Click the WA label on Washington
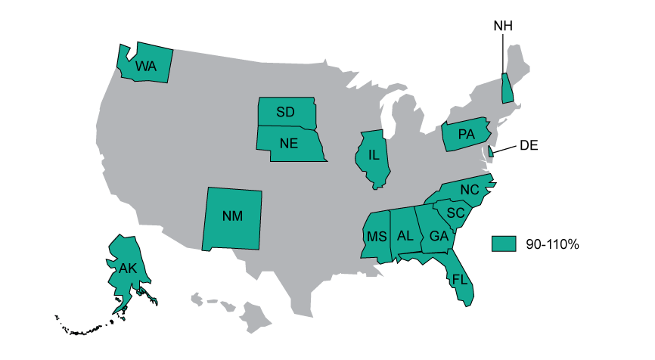(x=145, y=67)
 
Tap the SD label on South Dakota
(x=285, y=112)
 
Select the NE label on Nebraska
(x=288, y=144)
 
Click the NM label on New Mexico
(x=233, y=216)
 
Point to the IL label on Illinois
(x=374, y=155)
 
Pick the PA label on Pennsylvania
(x=466, y=135)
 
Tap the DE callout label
(x=529, y=146)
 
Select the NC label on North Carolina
(x=470, y=189)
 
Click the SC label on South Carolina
(x=454, y=213)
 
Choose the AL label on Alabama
(x=405, y=236)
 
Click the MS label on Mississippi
(x=377, y=237)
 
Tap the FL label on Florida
(x=460, y=279)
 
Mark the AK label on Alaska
(x=127, y=268)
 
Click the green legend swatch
(x=502, y=244)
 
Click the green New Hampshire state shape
(x=508, y=89)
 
